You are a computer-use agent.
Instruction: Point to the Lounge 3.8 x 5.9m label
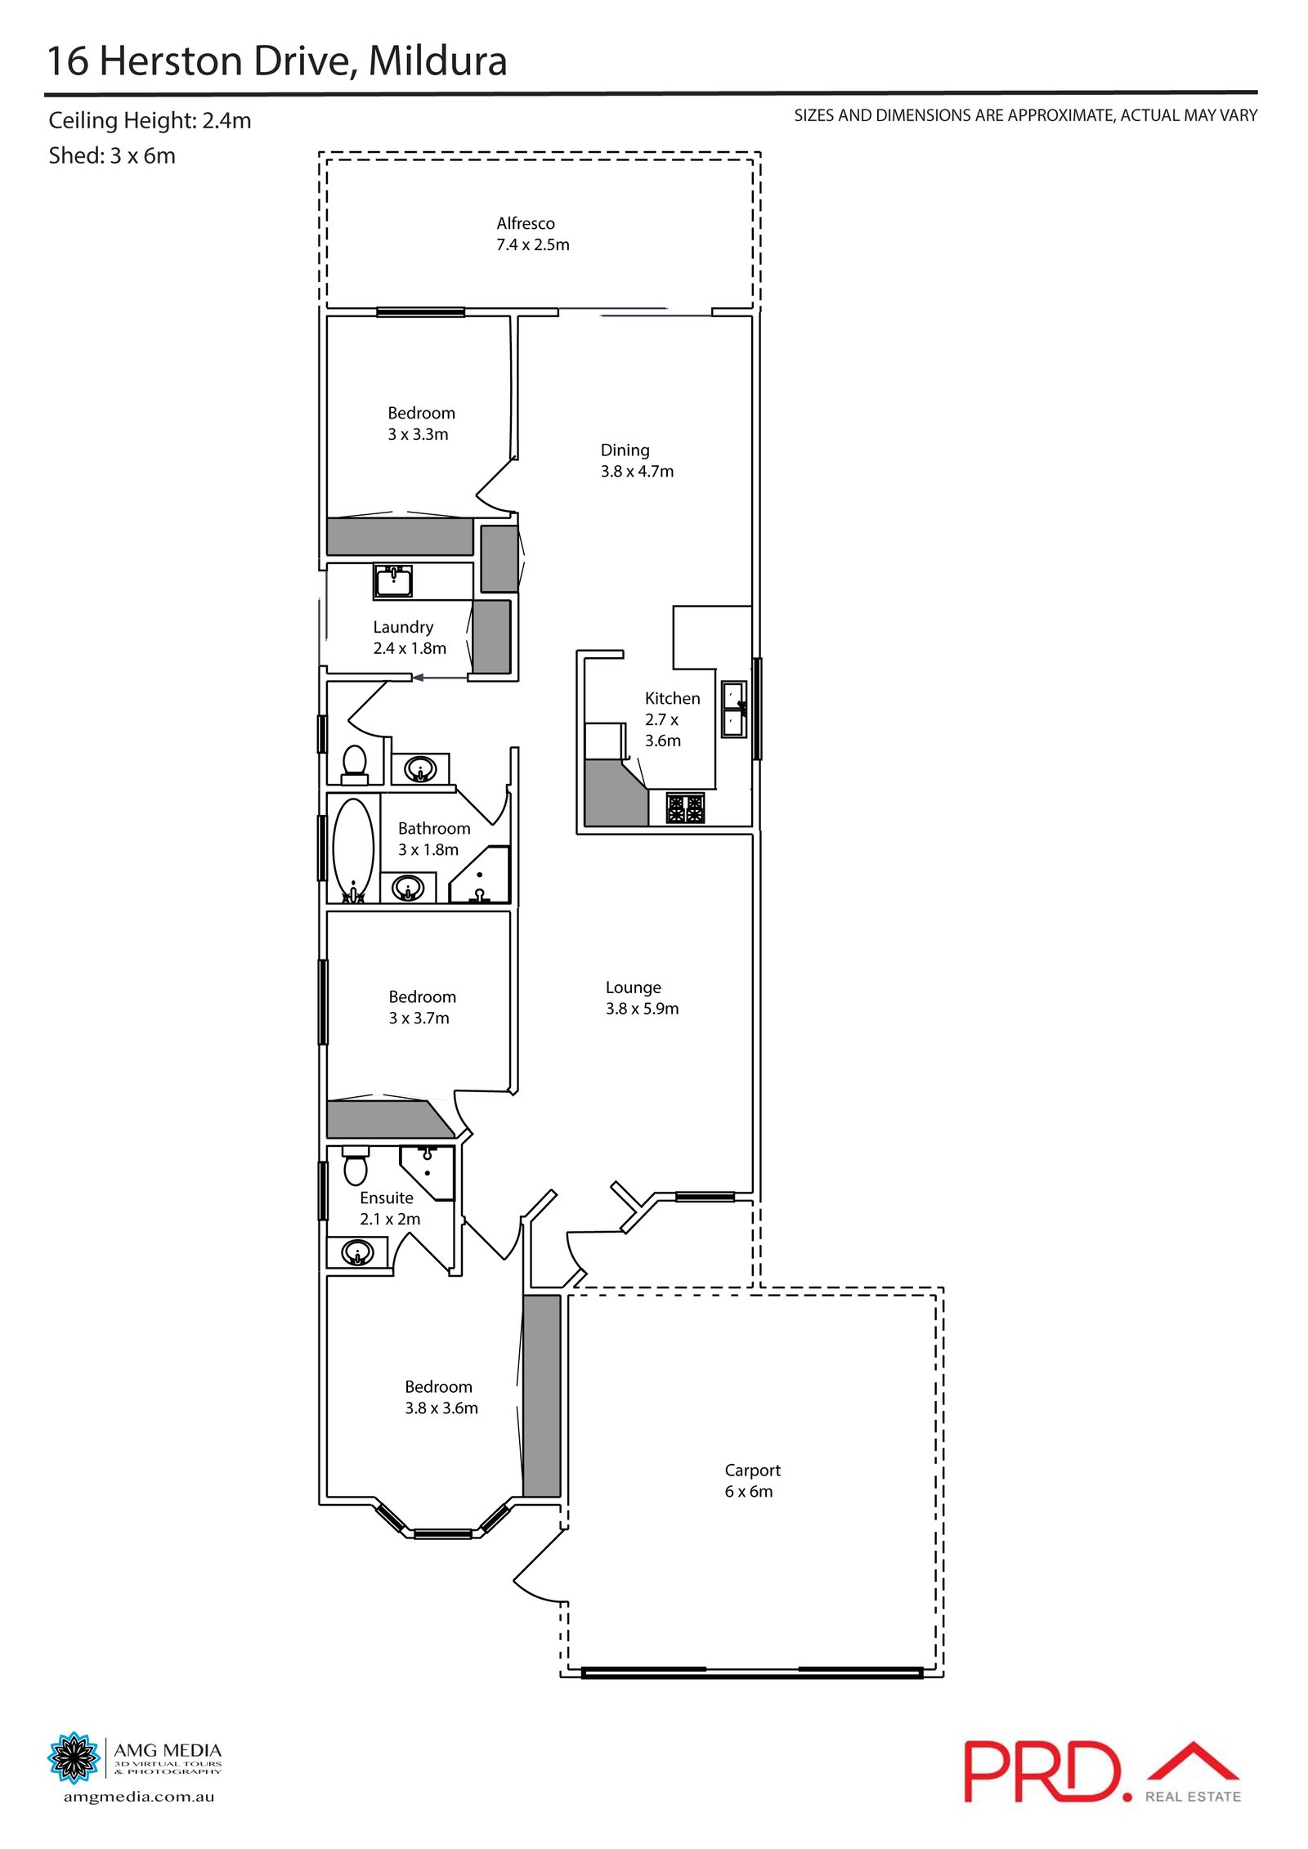(642, 997)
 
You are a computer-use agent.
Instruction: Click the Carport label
(752, 1480)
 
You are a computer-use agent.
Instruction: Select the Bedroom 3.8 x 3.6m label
(441, 1397)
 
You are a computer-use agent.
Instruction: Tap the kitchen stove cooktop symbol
(685, 808)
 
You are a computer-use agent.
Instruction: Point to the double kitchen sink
(733, 709)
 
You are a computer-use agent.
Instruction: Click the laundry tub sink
(393, 581)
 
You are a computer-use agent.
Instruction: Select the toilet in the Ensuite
(355, 1166)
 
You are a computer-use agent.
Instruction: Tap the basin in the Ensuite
(357, 1251)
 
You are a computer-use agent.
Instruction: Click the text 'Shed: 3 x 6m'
(112, 155)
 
